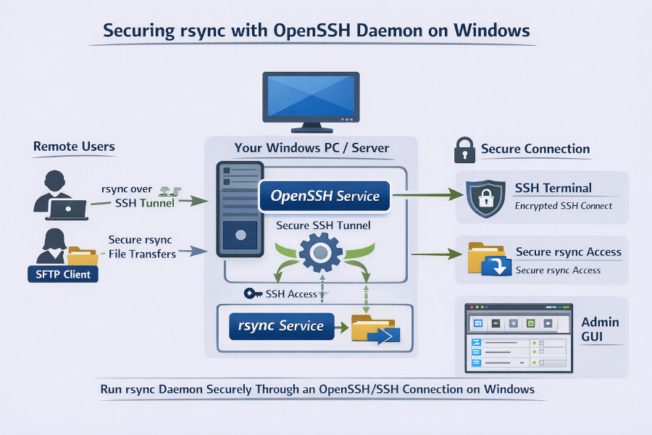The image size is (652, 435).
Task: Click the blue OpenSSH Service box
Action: (324, 196)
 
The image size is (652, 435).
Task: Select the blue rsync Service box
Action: (281, 326)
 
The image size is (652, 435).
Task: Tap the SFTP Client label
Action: (62, 274)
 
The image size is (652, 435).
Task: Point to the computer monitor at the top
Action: (311, 98)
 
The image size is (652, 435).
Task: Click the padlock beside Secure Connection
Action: (464, 149)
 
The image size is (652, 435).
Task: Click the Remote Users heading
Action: (74, 146)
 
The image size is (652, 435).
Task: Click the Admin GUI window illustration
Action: (519, 338)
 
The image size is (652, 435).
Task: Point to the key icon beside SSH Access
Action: (254, 294)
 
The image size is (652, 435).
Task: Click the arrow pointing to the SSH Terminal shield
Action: (427, 194)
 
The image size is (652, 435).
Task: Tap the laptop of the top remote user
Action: (67, 210)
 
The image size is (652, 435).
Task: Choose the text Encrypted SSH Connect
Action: (564, 205)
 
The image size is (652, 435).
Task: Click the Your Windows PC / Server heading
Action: (312, 148)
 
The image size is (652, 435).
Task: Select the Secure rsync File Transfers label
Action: (142, 246)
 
